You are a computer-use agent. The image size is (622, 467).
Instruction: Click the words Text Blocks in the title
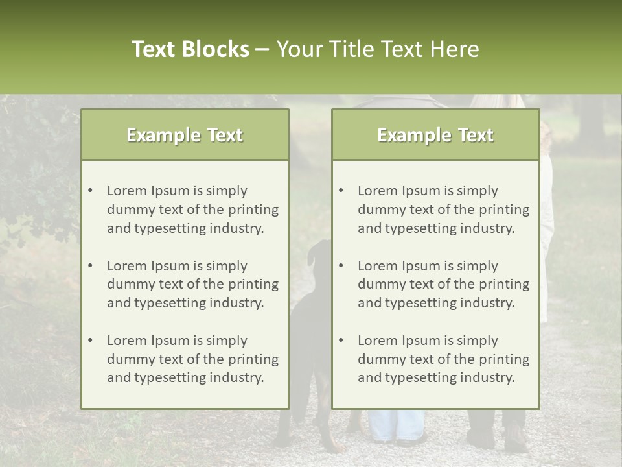[x=190, y=49]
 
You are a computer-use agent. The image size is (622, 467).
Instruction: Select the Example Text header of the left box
[x=185, y=135]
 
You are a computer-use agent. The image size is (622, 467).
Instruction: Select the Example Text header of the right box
[x=435, y=135]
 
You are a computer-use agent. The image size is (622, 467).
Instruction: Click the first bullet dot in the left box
[x=90, y=191]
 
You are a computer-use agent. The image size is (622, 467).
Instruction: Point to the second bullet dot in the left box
[x=90, y=266]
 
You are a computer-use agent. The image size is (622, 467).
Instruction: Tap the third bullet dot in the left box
[x=90, y=341]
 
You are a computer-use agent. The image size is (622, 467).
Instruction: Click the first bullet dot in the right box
[x=341, y=191]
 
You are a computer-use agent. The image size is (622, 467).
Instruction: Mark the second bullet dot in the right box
[x=341, y=266]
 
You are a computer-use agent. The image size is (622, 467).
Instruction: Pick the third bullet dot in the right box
[x=341, y=341]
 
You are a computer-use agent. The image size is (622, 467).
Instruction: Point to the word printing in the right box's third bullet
[x=504, y=359]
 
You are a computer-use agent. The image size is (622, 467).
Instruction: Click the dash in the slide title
[x=262, y=49]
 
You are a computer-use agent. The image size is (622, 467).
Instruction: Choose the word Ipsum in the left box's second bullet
[x=170, y=266]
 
